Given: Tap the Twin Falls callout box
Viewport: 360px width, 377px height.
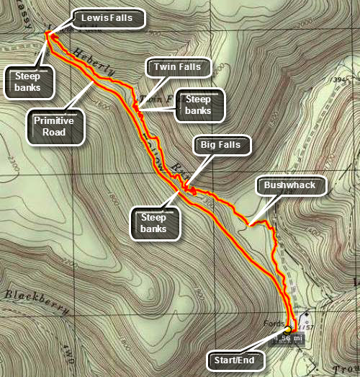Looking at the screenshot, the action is [x=176, y=67].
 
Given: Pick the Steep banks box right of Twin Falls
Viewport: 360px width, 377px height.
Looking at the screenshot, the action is [x=198, y=105].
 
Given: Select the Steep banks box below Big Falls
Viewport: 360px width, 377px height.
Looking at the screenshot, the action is [x=153, y=223].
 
